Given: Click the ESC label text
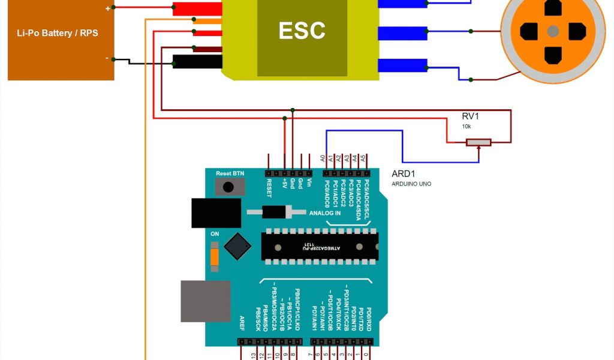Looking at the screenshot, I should point(302,31).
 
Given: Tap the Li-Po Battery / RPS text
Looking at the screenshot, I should point(58,33).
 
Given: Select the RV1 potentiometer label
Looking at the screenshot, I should point(470,116).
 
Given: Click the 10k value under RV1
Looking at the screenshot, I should point(466,127).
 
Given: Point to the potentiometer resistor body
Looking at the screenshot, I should point(478,142).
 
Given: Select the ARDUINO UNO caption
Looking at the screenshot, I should point(411,184).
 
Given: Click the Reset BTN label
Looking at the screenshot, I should point(230,173).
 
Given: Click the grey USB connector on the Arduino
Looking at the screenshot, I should point(206,301).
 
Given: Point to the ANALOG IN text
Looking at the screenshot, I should point(325,213).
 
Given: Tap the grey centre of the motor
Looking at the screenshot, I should point(553,31).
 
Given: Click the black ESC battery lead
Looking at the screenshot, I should point(197,61).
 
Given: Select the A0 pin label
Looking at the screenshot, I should point(323,159).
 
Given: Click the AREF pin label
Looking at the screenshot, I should point(242,323).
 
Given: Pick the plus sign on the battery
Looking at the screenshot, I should point(108,8).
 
